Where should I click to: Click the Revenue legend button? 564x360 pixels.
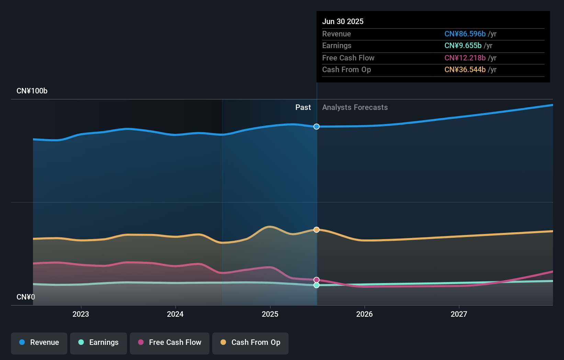click(39, 343)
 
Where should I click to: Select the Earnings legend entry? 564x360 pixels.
click(99, 343)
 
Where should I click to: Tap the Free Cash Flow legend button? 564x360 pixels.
click(170, 343)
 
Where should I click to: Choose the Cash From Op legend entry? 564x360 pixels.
click(250, 343)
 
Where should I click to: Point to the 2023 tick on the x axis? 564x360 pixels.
click(81, 314)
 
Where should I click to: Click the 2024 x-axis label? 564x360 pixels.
click(175, 314)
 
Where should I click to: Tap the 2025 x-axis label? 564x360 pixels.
click(270, 314)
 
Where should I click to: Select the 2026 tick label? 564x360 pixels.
click(364, 314)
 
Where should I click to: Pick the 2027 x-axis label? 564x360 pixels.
click(459, 314)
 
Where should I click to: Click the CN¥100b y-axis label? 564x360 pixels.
click(32, 91)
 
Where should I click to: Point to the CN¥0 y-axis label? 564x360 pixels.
click(26, 297)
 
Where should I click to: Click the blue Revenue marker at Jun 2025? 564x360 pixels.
click(316, 127)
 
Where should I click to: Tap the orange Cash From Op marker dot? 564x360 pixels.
click(316, 230)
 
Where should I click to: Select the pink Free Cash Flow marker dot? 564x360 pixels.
click(316, 280)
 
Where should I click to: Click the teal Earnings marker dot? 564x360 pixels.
click(316, 285)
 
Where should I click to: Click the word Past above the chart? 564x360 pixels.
click(303, 108)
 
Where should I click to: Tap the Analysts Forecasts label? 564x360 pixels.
click(355, 108)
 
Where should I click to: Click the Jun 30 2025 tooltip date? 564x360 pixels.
click(343, 22)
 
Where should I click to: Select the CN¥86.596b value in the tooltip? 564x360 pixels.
click(465, 34)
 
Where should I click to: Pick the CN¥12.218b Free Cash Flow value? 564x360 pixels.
click(465, 58)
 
